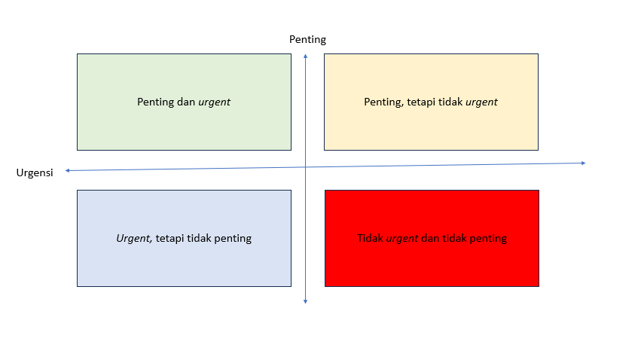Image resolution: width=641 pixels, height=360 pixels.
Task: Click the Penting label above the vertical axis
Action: pos(307,40)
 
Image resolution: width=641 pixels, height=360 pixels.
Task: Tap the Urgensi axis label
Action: pos(35,173)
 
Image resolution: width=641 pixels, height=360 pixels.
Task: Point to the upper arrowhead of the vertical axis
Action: pos(305,56)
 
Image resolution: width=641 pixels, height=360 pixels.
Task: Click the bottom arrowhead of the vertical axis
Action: pos(305,301)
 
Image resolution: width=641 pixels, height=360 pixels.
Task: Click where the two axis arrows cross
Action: pos(305,166)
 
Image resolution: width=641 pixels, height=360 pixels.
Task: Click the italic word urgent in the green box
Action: pos(214,102)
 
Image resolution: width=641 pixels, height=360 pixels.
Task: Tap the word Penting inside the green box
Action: pos(156,102)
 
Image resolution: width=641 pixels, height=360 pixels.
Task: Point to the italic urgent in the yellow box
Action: pos(481,102)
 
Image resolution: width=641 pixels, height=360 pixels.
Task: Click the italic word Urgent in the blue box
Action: pos(134,238)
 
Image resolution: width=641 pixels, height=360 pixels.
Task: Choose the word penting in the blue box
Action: pos(233,238)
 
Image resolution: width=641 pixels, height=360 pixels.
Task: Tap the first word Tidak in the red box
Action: pos(371,238)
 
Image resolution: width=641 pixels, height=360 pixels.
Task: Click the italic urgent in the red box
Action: pos(403,238)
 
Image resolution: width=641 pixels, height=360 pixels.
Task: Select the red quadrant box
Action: pos(432,264)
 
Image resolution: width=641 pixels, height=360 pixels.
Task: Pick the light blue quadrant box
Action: pos(184,264)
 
